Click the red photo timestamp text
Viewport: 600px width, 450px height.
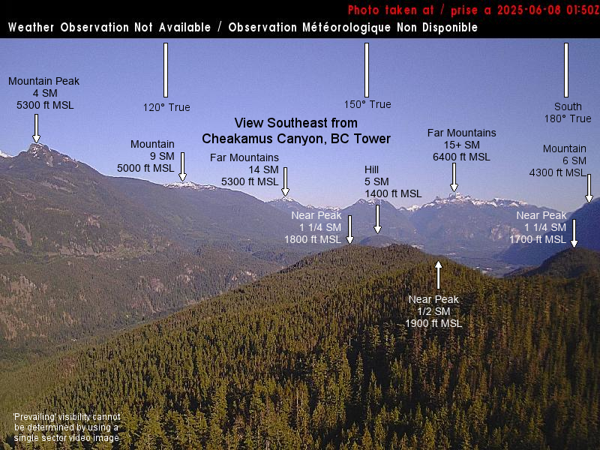[x=474, y=10]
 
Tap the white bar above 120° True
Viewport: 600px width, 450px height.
[x=166, y=70]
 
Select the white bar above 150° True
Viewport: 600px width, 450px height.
[x=367, y=70]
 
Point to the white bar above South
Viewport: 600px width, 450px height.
[x=566, y=70]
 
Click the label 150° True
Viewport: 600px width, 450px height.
[x=367, y=104]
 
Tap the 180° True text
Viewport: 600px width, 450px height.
[x=568, y=118]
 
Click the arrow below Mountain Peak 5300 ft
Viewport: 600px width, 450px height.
[x=36, y=128]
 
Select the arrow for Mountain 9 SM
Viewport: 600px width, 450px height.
[x=182, y=166]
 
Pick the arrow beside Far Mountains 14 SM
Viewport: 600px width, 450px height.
[x=285, y=181]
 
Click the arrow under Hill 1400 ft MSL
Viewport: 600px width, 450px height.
[x=378, y=219]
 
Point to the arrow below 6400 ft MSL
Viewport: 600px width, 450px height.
[x=454, y=177]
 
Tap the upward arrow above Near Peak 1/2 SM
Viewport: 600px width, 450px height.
[x=439, y=275]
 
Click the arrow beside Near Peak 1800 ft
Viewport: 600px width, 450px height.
[x=349, y=229]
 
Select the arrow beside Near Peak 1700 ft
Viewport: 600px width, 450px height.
[x=574, y=233]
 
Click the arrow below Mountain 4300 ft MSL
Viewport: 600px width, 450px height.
[x=589, y=189]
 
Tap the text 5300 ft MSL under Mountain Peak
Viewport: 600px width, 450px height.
[x=45, y=105]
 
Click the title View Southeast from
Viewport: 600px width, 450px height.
[x=296, y=123]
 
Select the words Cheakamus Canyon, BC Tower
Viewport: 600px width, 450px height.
[x=296, y=139]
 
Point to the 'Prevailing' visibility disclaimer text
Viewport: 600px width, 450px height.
[x=67, y=427]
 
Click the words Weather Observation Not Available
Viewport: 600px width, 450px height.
[x=109, y=28]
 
